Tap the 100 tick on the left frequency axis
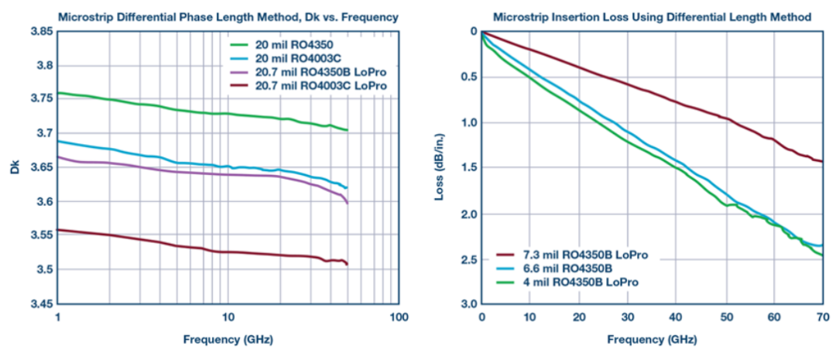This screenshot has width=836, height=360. pos(398,317)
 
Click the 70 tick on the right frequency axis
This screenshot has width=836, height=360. pos(823,317)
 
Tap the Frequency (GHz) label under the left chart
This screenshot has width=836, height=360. pos(228,339)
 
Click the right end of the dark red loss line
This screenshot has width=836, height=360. pos(822,161)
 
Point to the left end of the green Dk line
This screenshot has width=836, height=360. pos(59,93)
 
